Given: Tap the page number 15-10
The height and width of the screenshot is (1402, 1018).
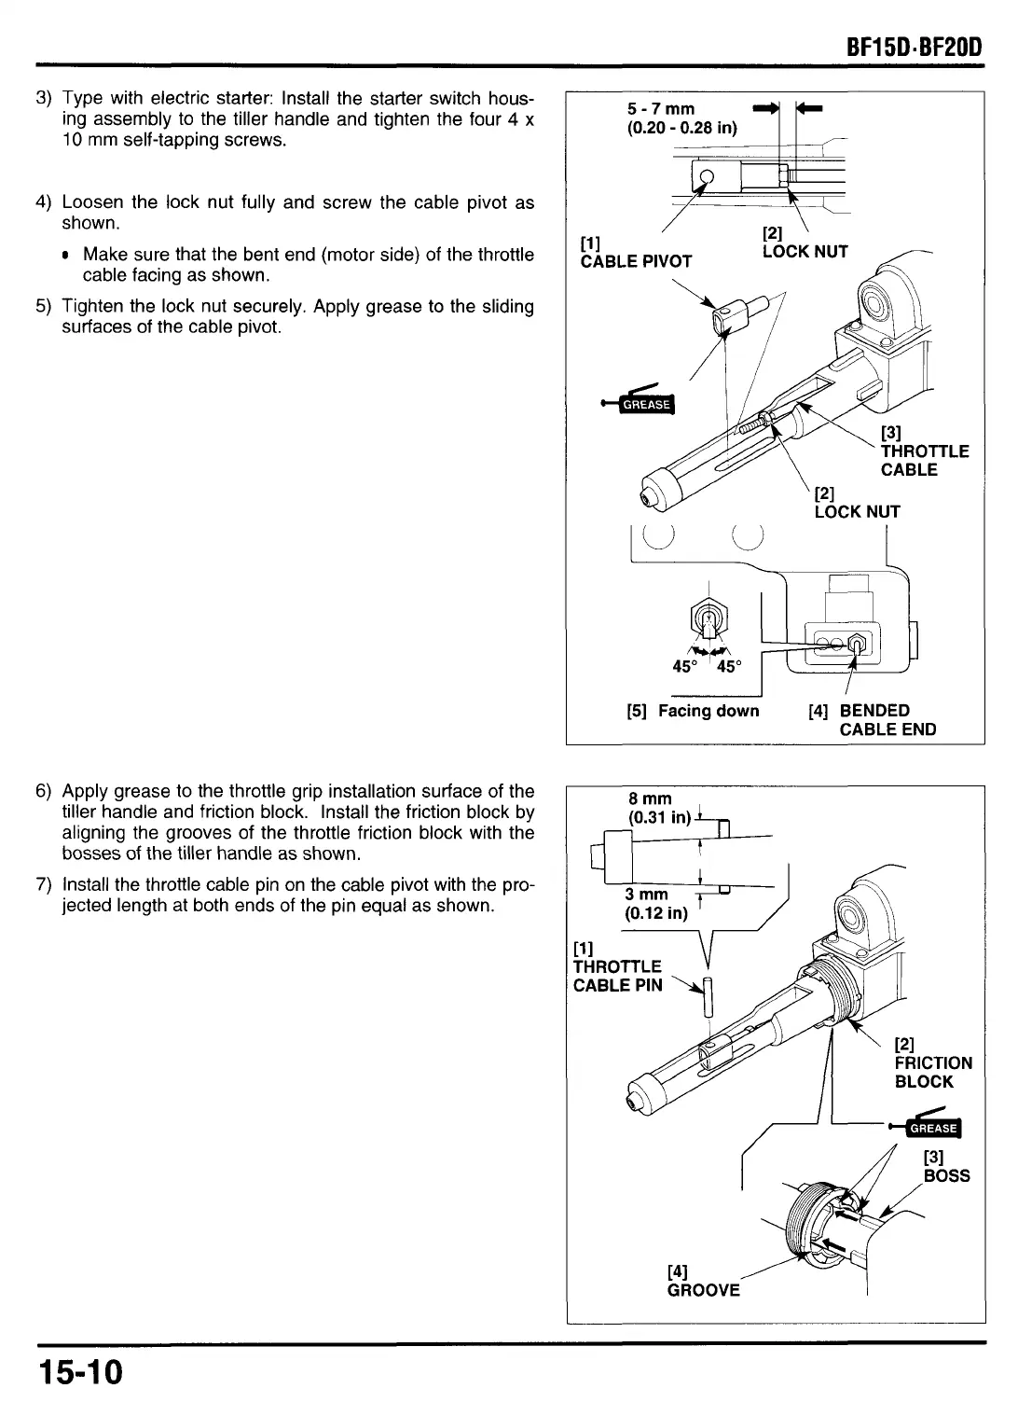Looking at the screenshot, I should tap(80, 1374).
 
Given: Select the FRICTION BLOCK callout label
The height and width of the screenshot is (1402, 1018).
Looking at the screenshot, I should tap(932, 1062).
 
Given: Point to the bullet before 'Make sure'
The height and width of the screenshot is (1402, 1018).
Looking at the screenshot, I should tap(67, 256).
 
